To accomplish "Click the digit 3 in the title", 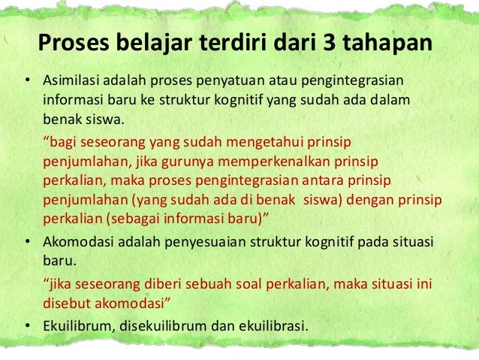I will point(330,44).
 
